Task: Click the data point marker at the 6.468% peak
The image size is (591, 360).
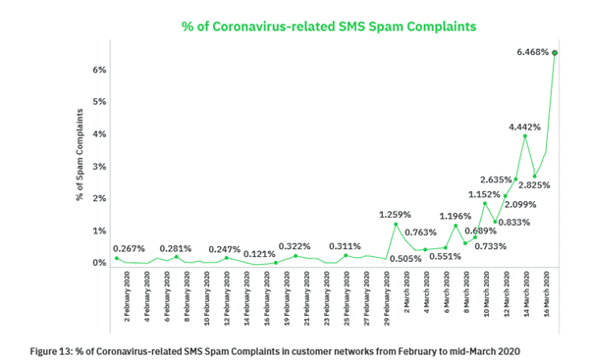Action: pyautogui.click(x=555, y=53)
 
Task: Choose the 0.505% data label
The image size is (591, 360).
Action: pyautogui.click(x=405, y=259)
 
